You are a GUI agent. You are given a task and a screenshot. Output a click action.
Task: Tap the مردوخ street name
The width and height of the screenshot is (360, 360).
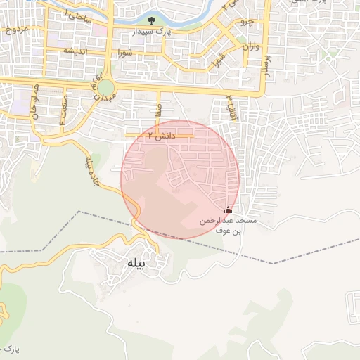(15, 30)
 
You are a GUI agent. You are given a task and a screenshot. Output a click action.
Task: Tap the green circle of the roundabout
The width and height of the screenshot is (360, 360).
(106, 88)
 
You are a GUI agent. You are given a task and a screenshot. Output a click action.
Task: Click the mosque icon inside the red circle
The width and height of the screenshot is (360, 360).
(227, 210)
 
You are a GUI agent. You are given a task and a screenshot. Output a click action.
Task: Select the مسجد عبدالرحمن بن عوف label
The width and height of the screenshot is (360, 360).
(228, 225)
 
